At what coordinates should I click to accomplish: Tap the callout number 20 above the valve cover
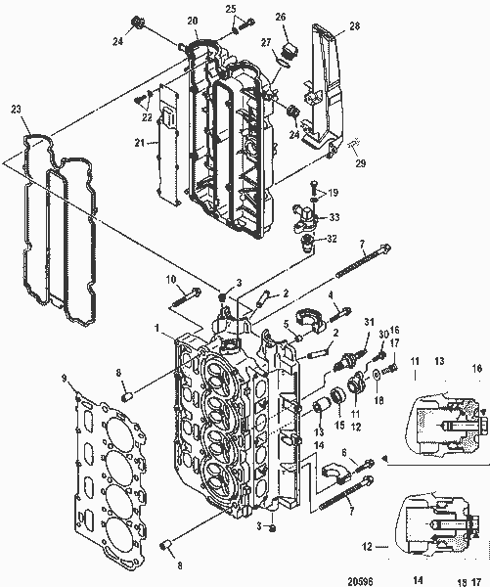pos(192,21)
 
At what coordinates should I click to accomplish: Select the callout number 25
pos(231,9)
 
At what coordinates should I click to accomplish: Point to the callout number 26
pos(281,17)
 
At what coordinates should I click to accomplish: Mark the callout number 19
pos(332,193)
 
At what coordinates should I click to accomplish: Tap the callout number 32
pos(332,238)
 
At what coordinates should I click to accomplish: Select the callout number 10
pos(170,281)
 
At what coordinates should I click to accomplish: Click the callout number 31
pos(370,324)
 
